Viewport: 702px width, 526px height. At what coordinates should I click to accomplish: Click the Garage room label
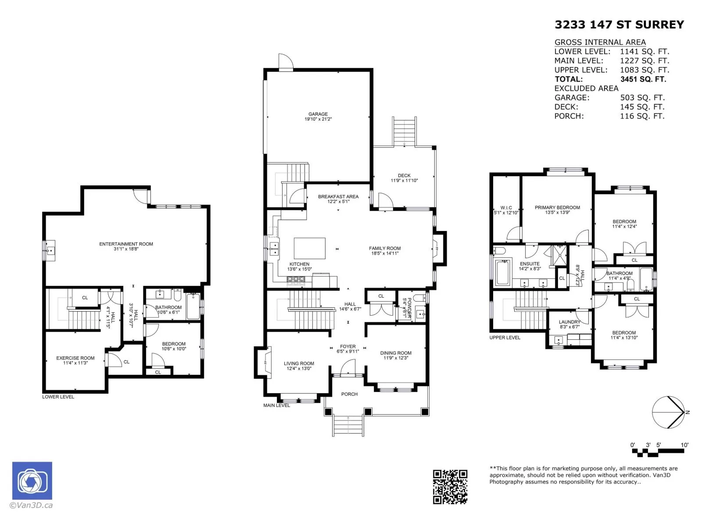coord(318,117)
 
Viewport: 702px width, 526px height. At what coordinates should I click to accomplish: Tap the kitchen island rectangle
coord(310,248)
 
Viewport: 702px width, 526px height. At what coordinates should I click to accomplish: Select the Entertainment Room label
coord(126,246)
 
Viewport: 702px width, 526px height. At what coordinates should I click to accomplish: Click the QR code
coord(450,487)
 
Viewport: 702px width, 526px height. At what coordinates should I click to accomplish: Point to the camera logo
coord(32,481)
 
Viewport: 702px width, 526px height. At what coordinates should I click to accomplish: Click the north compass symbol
coord(669,412)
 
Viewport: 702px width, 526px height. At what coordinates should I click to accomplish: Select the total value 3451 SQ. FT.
coord(643,79)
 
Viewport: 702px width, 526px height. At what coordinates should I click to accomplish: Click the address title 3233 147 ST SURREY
coord(619,25)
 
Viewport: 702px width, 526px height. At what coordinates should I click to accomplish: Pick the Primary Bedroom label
coord(557,210)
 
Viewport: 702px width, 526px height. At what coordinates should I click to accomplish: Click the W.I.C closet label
coord(506,210)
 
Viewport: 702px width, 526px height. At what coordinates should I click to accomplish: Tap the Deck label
coord(404,178)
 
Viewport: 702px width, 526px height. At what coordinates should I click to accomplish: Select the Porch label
coord(349,394)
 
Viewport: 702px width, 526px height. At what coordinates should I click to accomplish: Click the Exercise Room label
coord(75,361)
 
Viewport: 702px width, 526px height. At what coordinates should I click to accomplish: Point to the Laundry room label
coord(569,324)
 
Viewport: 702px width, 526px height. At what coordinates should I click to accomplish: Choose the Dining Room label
coord(396,355)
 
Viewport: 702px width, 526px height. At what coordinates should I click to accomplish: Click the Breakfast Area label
coord(338,199)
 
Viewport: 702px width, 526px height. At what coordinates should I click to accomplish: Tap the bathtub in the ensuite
coord(503,273)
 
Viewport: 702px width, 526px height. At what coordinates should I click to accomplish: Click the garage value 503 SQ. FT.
coord(642,98)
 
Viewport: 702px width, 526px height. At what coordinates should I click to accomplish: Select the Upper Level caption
coord(505,338)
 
